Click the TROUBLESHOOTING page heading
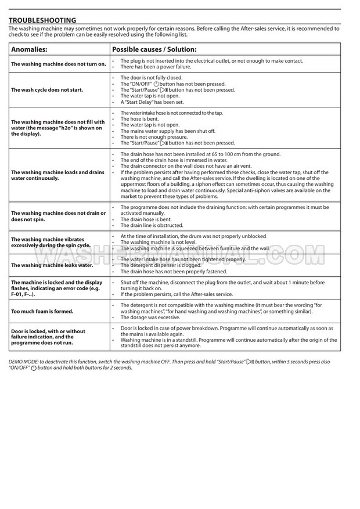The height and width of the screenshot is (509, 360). point(42,20)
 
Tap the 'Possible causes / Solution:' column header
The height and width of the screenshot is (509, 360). point(154,49)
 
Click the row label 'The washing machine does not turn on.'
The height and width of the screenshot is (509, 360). point(59,64)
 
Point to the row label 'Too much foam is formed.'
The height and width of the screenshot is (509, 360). point(42,311)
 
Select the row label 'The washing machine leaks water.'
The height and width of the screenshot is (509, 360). point(52,265)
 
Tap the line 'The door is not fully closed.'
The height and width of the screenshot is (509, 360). point(151,77)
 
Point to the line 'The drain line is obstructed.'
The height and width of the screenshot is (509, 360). point(152,225)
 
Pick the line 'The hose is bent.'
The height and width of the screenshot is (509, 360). point(139,118)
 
